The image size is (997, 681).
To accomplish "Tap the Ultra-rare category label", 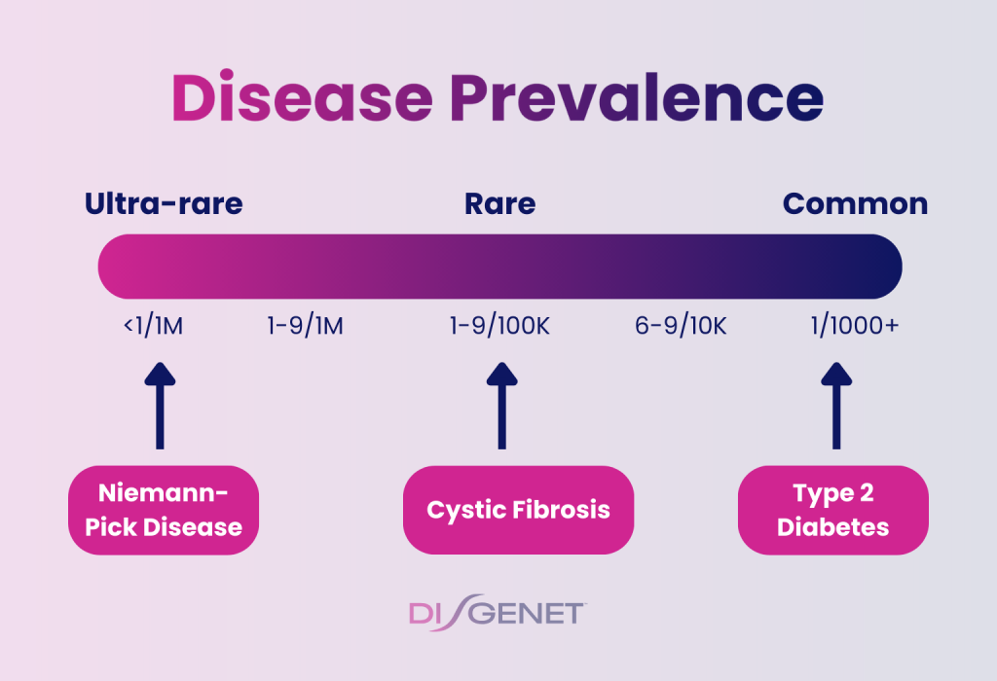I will point(164,204).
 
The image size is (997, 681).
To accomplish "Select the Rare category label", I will point(499,204).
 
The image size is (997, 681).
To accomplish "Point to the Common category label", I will point(855,204).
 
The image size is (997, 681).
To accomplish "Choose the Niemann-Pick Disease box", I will point(164,511).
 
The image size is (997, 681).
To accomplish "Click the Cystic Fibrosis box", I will point(518,511).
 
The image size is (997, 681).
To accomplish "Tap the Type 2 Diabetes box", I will point(832,511).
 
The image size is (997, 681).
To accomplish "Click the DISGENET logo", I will point(497,614).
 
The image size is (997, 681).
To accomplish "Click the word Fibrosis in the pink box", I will point(562,511).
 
